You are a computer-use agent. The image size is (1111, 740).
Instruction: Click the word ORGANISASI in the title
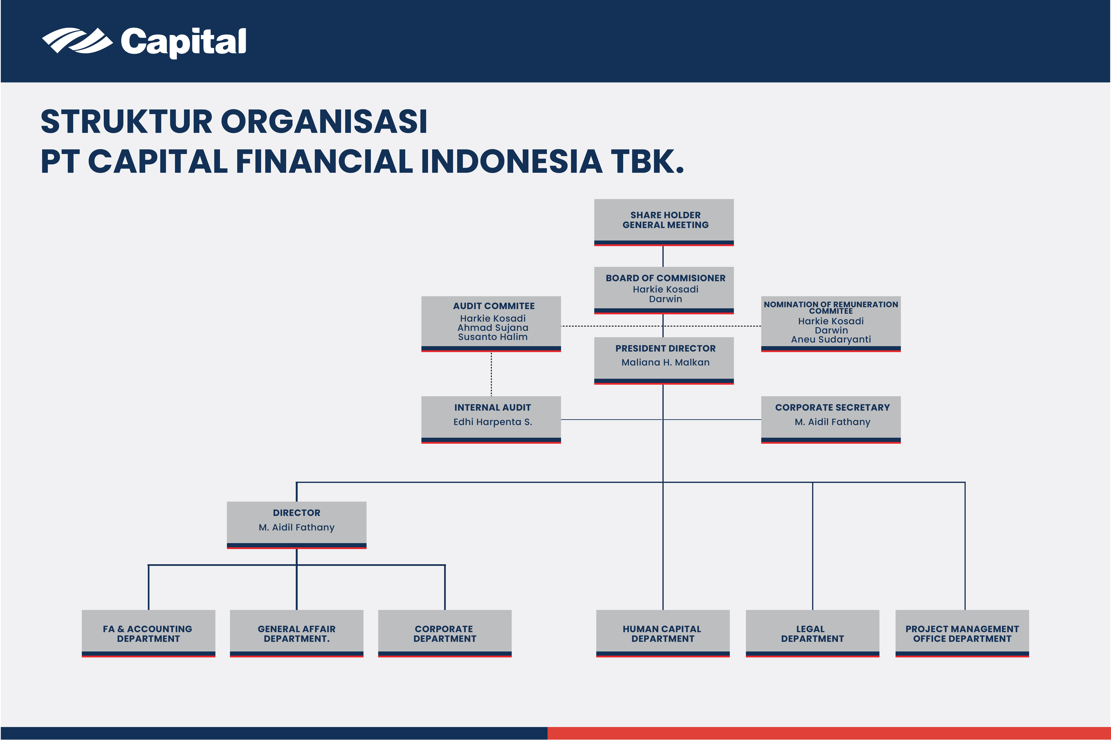coord(324,122)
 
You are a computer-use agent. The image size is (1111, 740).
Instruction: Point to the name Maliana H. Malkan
coord(665,362)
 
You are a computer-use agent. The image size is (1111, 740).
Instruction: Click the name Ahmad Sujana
coord(493,327)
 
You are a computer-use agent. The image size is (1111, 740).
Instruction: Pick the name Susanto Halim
coord(493,337)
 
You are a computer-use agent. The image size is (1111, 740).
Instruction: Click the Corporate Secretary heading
coord(832,407)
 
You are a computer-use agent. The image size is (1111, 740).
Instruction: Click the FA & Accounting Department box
coord(148,633)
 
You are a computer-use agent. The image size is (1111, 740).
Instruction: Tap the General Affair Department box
coord(296,633)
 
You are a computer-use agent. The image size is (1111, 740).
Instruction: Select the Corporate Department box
coord(445,633)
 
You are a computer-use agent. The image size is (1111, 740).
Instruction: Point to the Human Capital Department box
coord(663,633)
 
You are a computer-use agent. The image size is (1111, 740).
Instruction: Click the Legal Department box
coord(812,633)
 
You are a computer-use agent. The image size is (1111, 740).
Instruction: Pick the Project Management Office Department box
coord(962,633)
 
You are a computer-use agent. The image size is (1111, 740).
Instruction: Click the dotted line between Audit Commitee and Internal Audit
coord(491,374)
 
